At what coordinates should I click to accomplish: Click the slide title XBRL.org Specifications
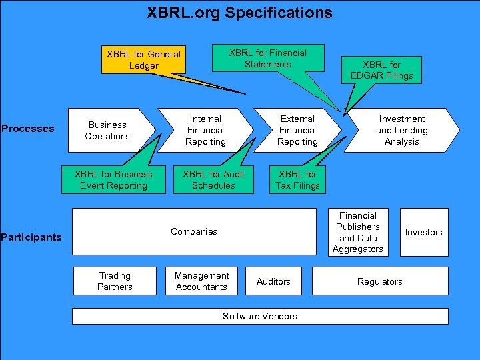tap(239, 13)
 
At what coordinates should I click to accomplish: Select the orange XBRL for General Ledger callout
tap(143, 60)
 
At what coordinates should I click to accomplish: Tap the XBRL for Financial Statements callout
tap(267, 59)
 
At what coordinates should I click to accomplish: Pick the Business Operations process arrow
tap(108, 131)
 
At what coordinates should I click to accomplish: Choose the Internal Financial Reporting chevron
tap(205, 131)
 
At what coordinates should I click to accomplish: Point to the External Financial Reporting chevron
tap(297, 131)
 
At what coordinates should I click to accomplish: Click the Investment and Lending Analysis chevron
tap(401, 131)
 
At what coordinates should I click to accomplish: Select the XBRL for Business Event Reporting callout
tap(113, 180)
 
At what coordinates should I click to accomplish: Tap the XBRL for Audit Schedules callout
tap(213, 180)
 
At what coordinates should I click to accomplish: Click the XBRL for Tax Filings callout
tap(297, 180)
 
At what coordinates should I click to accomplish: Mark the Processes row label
tap(28, 129)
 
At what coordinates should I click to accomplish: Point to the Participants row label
tap(31, 237)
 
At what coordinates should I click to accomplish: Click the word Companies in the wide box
tap(193, 232)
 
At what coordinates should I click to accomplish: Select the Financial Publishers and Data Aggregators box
tap(358, 232)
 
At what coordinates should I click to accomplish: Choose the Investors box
tap(423, 232)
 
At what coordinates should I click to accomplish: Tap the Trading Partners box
tap(115, 281)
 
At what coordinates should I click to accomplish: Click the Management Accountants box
tap(201, 281)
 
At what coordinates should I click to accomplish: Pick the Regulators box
tap(380, 281)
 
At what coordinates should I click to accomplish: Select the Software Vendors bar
tap(260, 316)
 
